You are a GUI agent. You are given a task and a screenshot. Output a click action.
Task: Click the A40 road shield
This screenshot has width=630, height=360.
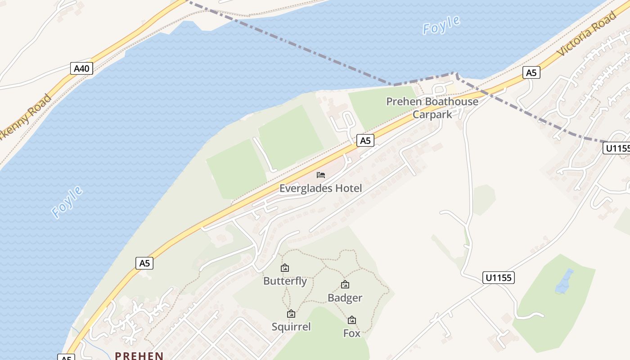pos(82,68)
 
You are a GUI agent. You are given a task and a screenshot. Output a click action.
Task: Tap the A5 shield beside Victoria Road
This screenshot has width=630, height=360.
pos(531,72)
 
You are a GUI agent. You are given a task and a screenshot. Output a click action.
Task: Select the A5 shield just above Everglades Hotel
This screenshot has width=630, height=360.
pos(365,141)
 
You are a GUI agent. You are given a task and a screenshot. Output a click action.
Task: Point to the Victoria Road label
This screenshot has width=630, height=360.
pos(586,34)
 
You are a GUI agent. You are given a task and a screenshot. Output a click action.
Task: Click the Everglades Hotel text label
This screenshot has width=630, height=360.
pos(320,188)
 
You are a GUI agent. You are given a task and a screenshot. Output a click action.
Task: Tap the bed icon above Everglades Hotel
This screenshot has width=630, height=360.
pos(321,175)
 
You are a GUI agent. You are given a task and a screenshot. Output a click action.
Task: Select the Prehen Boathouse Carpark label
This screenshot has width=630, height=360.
pos(432,108)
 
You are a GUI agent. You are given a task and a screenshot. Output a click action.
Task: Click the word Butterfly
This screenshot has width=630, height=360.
pos(285,281)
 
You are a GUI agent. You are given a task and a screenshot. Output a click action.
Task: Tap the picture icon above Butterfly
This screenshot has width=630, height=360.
pos(285,268)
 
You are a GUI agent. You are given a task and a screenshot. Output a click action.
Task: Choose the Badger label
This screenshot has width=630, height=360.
pos(345,298)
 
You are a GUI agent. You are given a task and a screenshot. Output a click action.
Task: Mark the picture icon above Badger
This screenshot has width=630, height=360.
pos(345,284)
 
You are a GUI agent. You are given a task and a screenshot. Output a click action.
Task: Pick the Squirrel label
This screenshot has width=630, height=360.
pos(291,327)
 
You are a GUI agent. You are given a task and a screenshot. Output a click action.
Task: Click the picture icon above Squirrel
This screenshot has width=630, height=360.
pos(291,314)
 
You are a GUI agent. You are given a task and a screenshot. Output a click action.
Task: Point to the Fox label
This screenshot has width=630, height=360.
pos(352,333)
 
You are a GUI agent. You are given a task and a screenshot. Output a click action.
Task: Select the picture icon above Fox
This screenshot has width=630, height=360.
pos(352,320)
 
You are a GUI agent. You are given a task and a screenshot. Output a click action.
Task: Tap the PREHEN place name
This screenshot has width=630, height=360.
pos(139,355)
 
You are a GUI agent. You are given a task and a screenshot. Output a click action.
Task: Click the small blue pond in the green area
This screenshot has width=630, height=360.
pos(564,282)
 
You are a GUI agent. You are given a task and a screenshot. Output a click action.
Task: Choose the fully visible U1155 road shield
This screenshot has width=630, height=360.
pos(499,278)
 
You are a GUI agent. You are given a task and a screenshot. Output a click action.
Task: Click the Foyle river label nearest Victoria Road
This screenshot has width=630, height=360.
pos(441,25)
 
